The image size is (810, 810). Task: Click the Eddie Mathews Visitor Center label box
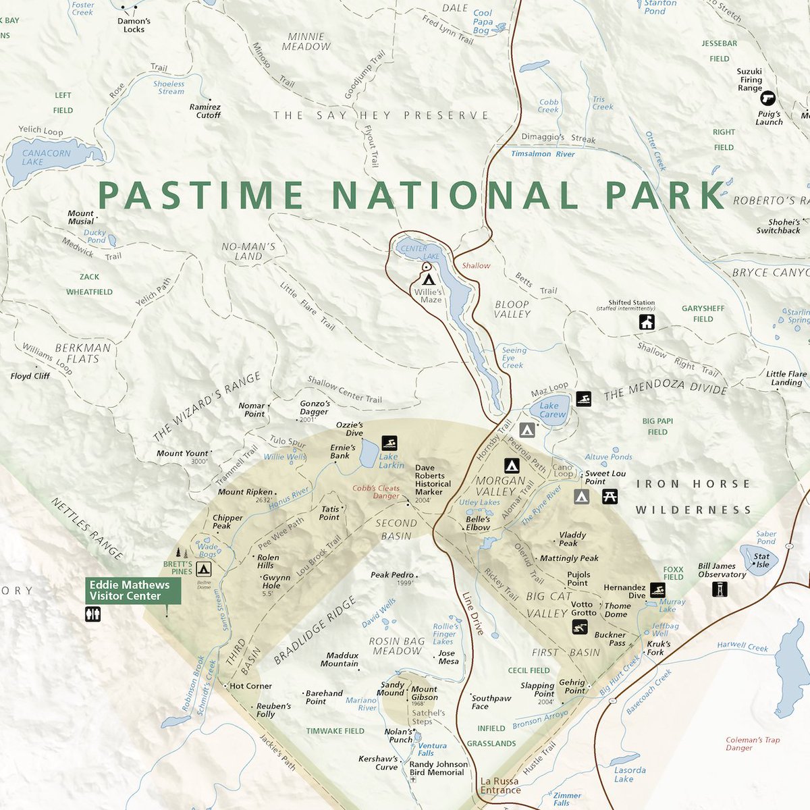click(x=133, y=591)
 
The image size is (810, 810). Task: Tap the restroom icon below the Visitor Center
click(x=93, y=614)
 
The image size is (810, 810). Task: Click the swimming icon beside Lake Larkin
click(x=389, y=443)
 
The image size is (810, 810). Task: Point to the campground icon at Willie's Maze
click(x=428, y=278)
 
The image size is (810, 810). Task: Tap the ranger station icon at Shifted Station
click(x=647, y=322)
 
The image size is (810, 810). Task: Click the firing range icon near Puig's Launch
click(x=768, y=98)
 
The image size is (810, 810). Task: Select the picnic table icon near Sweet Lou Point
click(x=610, y=497)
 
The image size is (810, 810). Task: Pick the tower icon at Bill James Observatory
click(x=720, y=589)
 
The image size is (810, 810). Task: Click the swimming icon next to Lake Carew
click(x=583, y=399)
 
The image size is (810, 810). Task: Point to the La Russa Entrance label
click(x=500, y=786)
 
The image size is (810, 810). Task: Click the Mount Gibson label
click(x=425, y=693)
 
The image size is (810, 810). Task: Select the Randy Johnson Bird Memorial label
click(x=438, y=768)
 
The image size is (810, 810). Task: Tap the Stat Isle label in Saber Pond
click(x=761, y=560)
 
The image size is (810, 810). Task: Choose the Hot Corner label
click(x=250, y=686)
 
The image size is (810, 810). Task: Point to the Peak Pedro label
click(x=391, y=575)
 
